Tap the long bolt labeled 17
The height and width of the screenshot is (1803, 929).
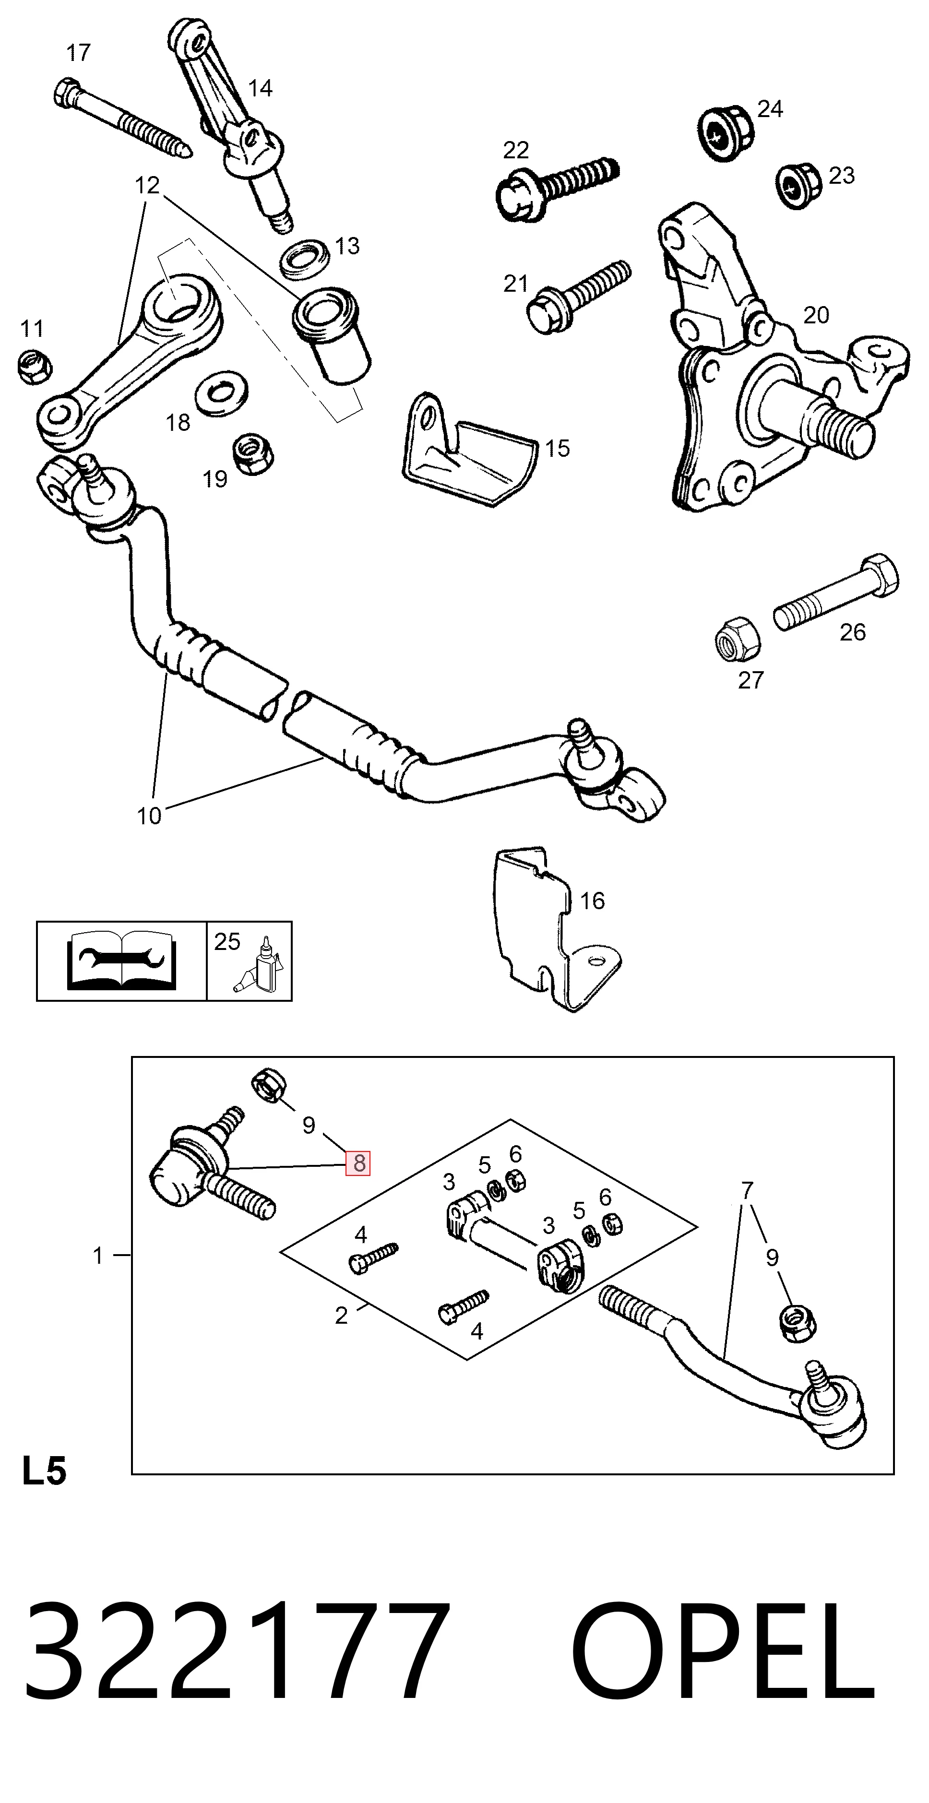pyautogui.click(x=122, y=119)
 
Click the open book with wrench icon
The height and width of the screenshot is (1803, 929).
pyautogui.click(x=122, y=961)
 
